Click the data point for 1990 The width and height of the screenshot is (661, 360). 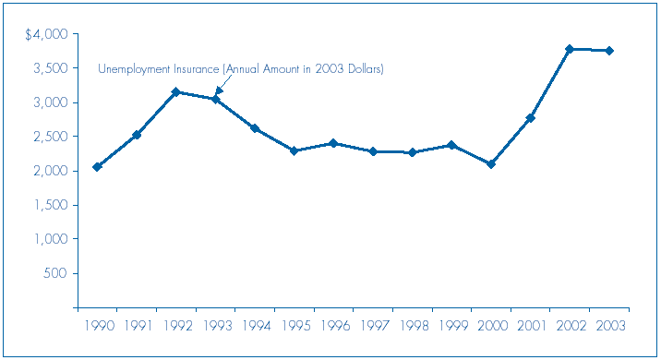tap(97, 167)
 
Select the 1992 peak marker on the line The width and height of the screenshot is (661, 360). tap(175, 92)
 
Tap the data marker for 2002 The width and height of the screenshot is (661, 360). tap(570, 49)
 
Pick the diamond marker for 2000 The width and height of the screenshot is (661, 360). tap(491, 164)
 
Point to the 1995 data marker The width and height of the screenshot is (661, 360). tap(294, 150)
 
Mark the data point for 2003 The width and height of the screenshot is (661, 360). tap(609, 51)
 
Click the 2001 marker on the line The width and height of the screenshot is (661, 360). tap(531, 118)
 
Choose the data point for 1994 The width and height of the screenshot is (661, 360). tap(255, 128)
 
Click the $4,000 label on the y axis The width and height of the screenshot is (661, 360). tap(45, 34)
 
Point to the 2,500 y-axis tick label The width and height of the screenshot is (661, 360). tap(50, 137)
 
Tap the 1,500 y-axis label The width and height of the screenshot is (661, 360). tap(50, 205)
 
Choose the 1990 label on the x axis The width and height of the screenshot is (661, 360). tap(97, 326)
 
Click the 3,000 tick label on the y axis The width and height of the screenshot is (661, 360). tap(50, 102)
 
